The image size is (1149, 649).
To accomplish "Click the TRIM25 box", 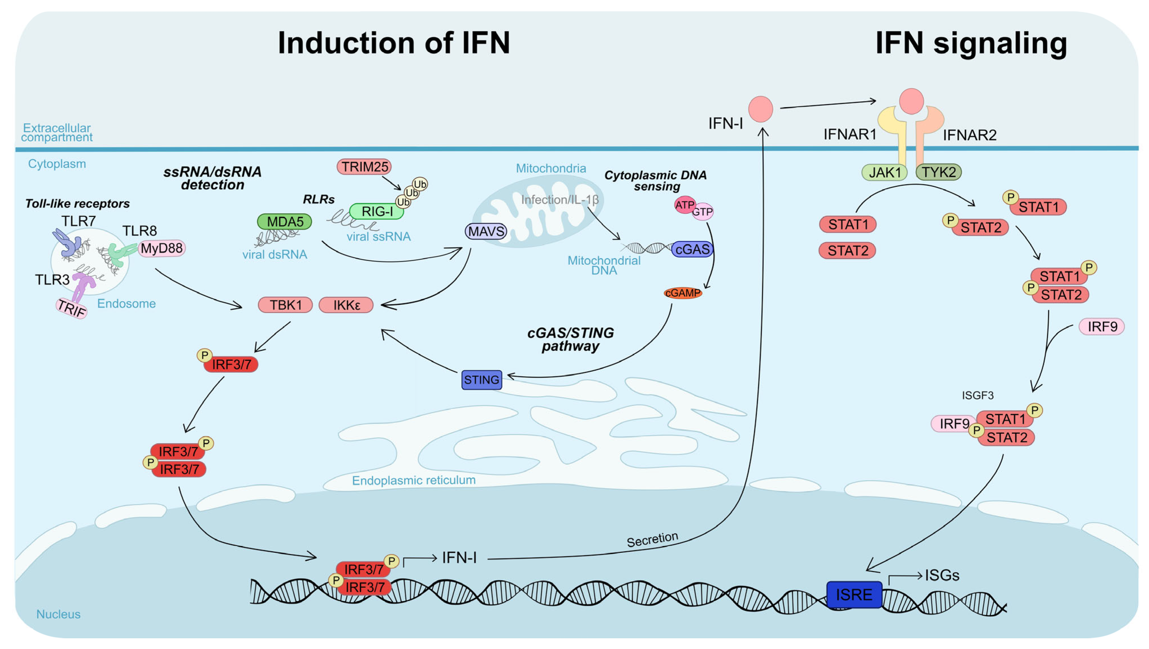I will click(364, 167).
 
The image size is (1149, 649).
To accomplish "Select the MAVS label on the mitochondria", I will click(486, 231).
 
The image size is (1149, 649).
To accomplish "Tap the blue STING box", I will click(482, 380).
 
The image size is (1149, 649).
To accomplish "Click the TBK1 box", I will click(285, 305).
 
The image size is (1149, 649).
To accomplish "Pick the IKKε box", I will click(346, 305).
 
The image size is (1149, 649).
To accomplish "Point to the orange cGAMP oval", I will click(682, 293).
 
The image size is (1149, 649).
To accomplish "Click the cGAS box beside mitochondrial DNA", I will click(692, 249).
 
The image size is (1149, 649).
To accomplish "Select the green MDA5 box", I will click(285, 221).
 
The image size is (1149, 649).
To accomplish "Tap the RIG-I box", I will click(377, 211).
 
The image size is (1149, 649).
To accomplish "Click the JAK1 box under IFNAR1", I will click(884, 172).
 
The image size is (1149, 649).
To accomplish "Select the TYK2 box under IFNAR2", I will click(938, 172).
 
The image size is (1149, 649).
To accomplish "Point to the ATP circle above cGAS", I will click(684, 205).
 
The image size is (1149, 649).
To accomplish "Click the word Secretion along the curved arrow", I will click(652, 539).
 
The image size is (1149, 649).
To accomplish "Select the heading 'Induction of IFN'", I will click(393, 43).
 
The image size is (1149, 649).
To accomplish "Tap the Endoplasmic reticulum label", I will click(414, 480).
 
